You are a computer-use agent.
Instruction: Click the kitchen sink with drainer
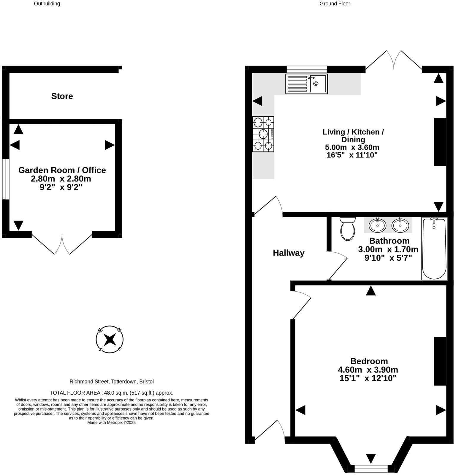tap(306, 84)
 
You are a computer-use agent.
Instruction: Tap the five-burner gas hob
tap(263, 134)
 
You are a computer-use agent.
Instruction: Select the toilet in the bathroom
tap(348, 229)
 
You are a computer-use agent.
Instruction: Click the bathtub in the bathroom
tap(434, 248)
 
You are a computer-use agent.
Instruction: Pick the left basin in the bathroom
tap(377, 225)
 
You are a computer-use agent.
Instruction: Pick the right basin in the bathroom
tap(400, 225)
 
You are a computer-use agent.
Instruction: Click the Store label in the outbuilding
tap(62, 96)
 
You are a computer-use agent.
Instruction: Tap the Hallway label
tap(289, 253)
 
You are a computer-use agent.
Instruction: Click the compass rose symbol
tap(110, 339)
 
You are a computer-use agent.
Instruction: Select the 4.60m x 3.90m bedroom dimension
tap(368, 370)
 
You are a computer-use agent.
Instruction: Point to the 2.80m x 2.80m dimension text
tap(61, 179)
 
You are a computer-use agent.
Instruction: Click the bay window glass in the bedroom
tap(371, 468)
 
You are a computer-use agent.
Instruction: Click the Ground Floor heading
tap(335, 4)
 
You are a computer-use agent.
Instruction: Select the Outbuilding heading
tap(47, 4)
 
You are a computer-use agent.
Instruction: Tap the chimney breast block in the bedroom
tap(440, 361)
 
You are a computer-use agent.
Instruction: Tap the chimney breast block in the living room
tap(440, 142)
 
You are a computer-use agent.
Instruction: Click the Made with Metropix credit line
tap(111, 422)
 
